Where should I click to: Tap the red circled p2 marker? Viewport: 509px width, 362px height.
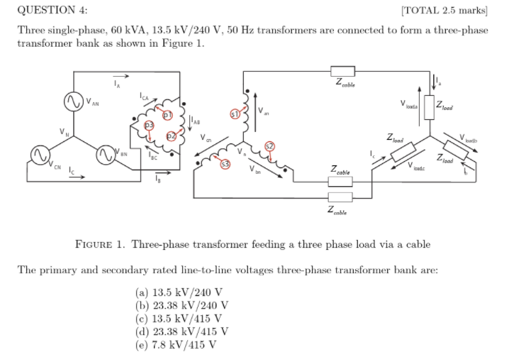[x=170, y=136]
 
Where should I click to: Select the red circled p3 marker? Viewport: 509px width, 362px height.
[x=149, y=125]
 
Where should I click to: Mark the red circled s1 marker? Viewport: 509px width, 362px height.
[x=235, y=113]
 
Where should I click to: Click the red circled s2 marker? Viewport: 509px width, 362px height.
[x=269, y=147]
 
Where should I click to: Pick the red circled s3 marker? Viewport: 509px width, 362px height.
[x=225, y=164]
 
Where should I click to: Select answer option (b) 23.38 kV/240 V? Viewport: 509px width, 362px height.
[x=181, y=306]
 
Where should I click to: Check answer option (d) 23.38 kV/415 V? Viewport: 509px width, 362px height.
[x=181, y=331]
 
